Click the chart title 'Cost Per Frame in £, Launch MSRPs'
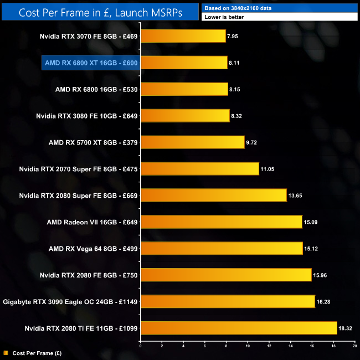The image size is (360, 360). pos(99,12)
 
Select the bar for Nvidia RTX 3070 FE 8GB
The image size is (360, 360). pos(183,37)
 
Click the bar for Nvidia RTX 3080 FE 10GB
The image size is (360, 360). pos(185,116)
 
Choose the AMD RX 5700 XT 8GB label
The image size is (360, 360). pos(93,142)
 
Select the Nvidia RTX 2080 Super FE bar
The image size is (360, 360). pos(213,196)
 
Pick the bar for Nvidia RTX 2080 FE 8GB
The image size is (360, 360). pos(226,275)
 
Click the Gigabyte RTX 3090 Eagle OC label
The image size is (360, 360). pos(70,301)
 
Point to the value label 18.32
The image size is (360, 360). pos(346,328)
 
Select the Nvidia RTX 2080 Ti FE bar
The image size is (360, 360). pos(239,328)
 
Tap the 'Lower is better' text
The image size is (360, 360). pos(224,17)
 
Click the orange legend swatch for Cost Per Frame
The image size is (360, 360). pos(6,352)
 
